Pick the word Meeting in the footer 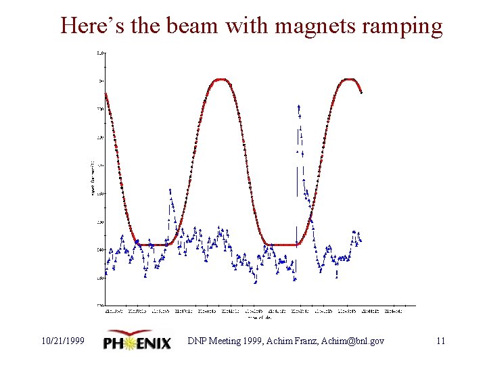click(x=227, y=341)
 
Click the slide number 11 click(x=440, y=341)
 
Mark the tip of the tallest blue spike click(x=298, y=106)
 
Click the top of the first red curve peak click(x=220, y=80)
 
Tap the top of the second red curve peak click(x=348, y=80)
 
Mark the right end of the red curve click(x=361, y=93)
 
